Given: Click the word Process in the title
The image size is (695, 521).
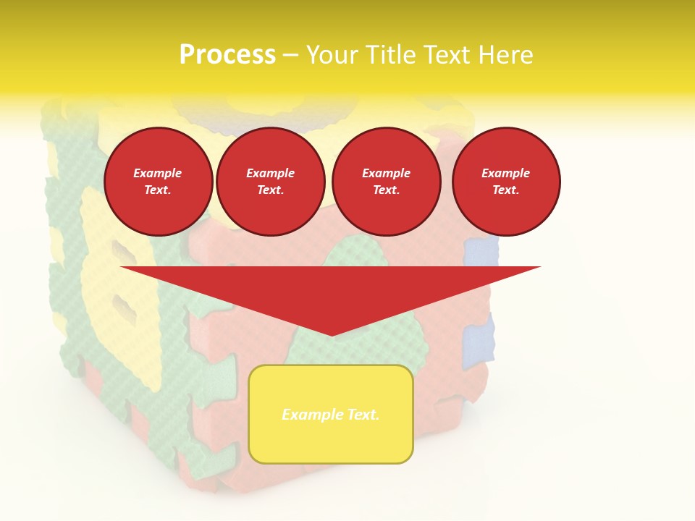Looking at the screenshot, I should tap(227, 55).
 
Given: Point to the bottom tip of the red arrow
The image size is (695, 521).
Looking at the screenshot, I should tap(332, 334).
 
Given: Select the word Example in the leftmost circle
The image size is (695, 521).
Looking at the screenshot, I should tap(158, 173).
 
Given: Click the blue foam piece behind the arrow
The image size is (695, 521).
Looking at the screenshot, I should tap(480, 251).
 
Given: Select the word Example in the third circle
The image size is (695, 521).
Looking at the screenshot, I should tap(386, 173).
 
